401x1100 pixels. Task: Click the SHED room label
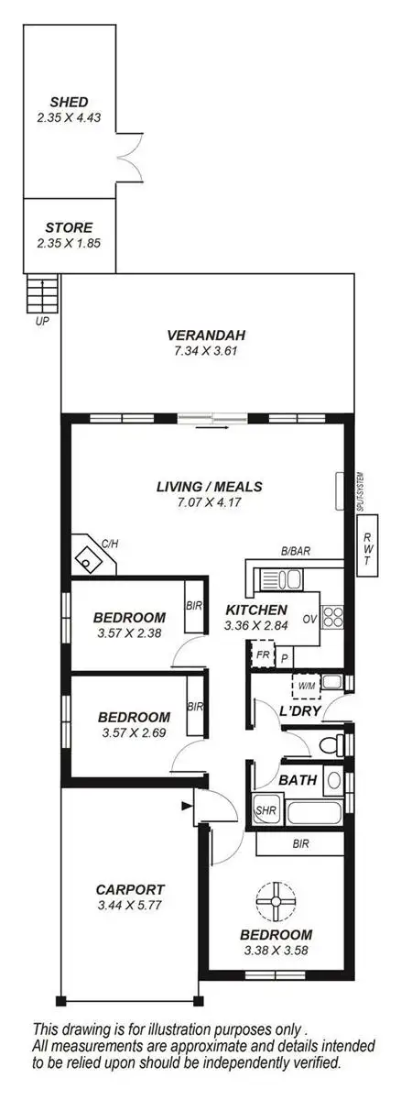[x=69, y=102]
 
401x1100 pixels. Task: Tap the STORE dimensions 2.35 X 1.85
[x=69, y=244]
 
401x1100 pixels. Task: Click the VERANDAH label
[x=206, y=334]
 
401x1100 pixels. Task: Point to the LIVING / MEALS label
[x=209, y=486]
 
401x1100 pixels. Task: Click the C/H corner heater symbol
[x=88, y=554]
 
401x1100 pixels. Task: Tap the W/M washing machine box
[x=304, y=683]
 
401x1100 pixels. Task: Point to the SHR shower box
[x=266, y=810]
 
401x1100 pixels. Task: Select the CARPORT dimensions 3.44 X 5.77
[x=130, y=905]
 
